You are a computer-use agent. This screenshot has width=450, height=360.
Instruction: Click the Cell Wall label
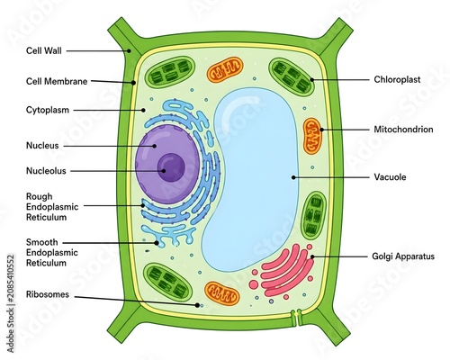pos(44,50)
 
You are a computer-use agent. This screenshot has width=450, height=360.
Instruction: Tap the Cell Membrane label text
pos(57,81)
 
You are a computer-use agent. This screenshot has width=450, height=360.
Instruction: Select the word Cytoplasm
pos(48,110)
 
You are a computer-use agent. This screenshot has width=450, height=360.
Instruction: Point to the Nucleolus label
pos(46,171)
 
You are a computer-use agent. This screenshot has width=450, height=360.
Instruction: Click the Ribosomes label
pos(48,294)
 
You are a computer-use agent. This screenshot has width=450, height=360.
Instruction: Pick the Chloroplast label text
pos(397,79)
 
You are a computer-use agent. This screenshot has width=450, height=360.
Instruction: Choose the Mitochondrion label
pos(403,130)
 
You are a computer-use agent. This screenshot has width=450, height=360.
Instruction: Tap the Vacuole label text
pos(390,176)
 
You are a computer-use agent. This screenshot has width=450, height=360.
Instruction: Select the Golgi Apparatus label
pos(403,256)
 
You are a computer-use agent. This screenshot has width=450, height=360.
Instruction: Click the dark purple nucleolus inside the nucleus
pos(171,167)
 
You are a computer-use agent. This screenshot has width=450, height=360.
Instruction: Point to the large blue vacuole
pos(252,180)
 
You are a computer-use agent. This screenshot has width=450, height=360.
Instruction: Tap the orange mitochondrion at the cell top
pos(225,70)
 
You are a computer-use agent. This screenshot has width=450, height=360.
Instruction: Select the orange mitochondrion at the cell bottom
pos(222,293)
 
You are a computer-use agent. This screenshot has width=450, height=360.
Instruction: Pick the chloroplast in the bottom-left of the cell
pos(168,282)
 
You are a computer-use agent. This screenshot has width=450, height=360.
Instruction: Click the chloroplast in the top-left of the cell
pos(170,72)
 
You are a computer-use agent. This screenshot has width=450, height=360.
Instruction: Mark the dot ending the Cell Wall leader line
pos(129,50)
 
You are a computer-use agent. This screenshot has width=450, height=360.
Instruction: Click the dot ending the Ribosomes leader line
pos(197,305)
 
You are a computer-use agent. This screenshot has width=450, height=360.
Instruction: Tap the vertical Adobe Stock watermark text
pos(11,303)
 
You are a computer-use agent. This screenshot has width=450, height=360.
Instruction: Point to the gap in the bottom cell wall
pos(296,318)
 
